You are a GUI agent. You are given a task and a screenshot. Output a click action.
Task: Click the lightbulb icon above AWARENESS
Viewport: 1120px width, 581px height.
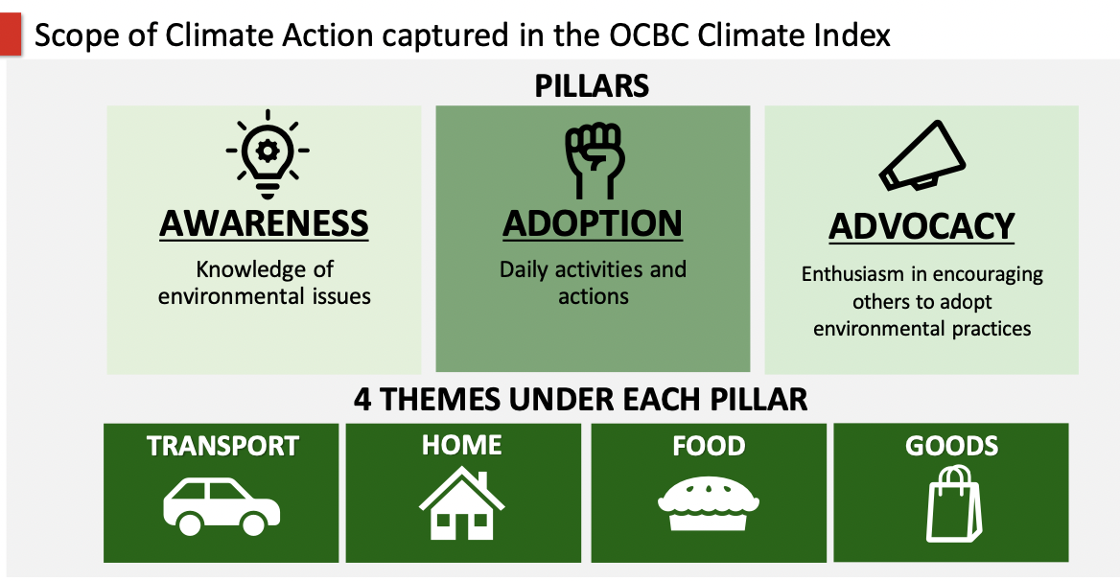268,154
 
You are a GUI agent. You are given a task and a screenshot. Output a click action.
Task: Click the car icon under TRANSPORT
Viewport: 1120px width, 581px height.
222,506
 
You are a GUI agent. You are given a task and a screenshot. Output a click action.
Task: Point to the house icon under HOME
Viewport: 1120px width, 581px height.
461,503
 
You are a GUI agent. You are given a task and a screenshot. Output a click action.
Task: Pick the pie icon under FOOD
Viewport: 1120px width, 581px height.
708,504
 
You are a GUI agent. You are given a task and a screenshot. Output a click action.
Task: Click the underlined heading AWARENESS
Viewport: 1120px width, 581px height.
265,223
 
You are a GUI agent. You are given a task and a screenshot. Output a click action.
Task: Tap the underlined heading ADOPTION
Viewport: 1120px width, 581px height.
593,223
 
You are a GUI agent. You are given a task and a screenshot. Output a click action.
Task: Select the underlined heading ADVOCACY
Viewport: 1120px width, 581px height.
922,227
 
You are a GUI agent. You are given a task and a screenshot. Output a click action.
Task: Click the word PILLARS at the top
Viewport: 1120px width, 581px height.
593,86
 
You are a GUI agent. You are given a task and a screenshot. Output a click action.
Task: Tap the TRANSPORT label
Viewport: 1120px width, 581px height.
222,446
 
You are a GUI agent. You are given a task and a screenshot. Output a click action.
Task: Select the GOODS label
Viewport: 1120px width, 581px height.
951,446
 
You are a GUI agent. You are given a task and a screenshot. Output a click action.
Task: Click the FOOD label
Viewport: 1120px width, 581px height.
709,446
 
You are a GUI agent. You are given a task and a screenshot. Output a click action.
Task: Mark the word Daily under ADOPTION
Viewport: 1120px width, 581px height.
525,269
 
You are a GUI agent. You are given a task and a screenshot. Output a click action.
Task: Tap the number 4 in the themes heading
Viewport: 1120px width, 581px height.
362,399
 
